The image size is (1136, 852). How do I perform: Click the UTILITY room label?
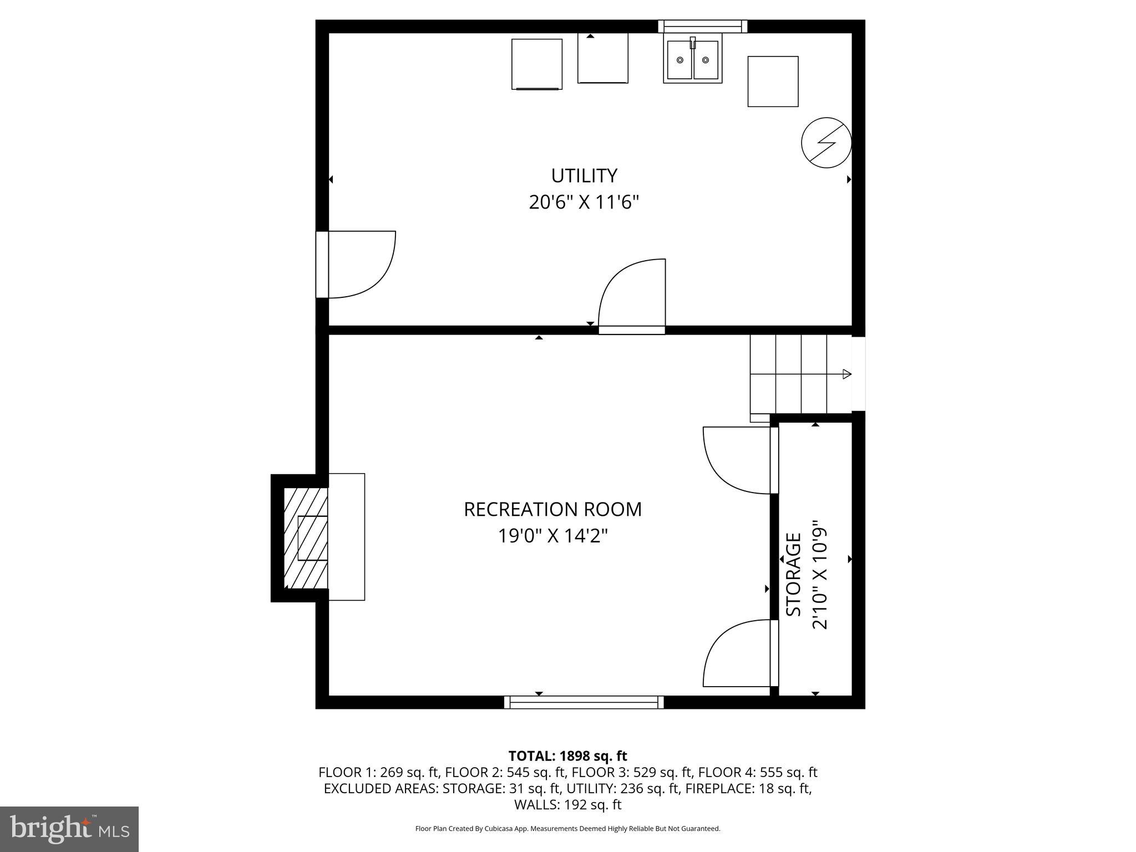click(x=584, y=176)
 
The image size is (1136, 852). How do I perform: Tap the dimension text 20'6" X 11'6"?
click(x=584, y=202)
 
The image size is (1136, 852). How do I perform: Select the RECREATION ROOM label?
click(x=552, y=509)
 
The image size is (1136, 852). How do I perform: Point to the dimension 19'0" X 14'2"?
click(x=552, y=536)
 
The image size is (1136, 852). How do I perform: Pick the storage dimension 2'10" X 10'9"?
click(x=820, y=575)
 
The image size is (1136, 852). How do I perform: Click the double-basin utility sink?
click(x=692, y=59)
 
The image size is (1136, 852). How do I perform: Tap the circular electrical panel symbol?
click(x=826, y=143)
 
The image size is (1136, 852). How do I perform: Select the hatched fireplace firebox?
click(x=306, y=538)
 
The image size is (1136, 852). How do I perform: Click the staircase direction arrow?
click(x=846, y=374)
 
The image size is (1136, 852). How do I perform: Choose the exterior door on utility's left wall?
click(x=355, y=265)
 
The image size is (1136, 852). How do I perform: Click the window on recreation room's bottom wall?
click(x=584, y=702)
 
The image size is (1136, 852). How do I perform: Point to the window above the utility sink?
click(x=702, y=26)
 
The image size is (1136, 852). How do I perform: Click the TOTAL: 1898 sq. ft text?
click(x=567, y=756)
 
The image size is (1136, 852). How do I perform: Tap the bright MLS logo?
click(x=69, y=829)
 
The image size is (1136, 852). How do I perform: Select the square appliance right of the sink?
click(x=773, y=82)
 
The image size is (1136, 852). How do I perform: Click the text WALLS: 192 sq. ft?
click(x=567, y=805)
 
